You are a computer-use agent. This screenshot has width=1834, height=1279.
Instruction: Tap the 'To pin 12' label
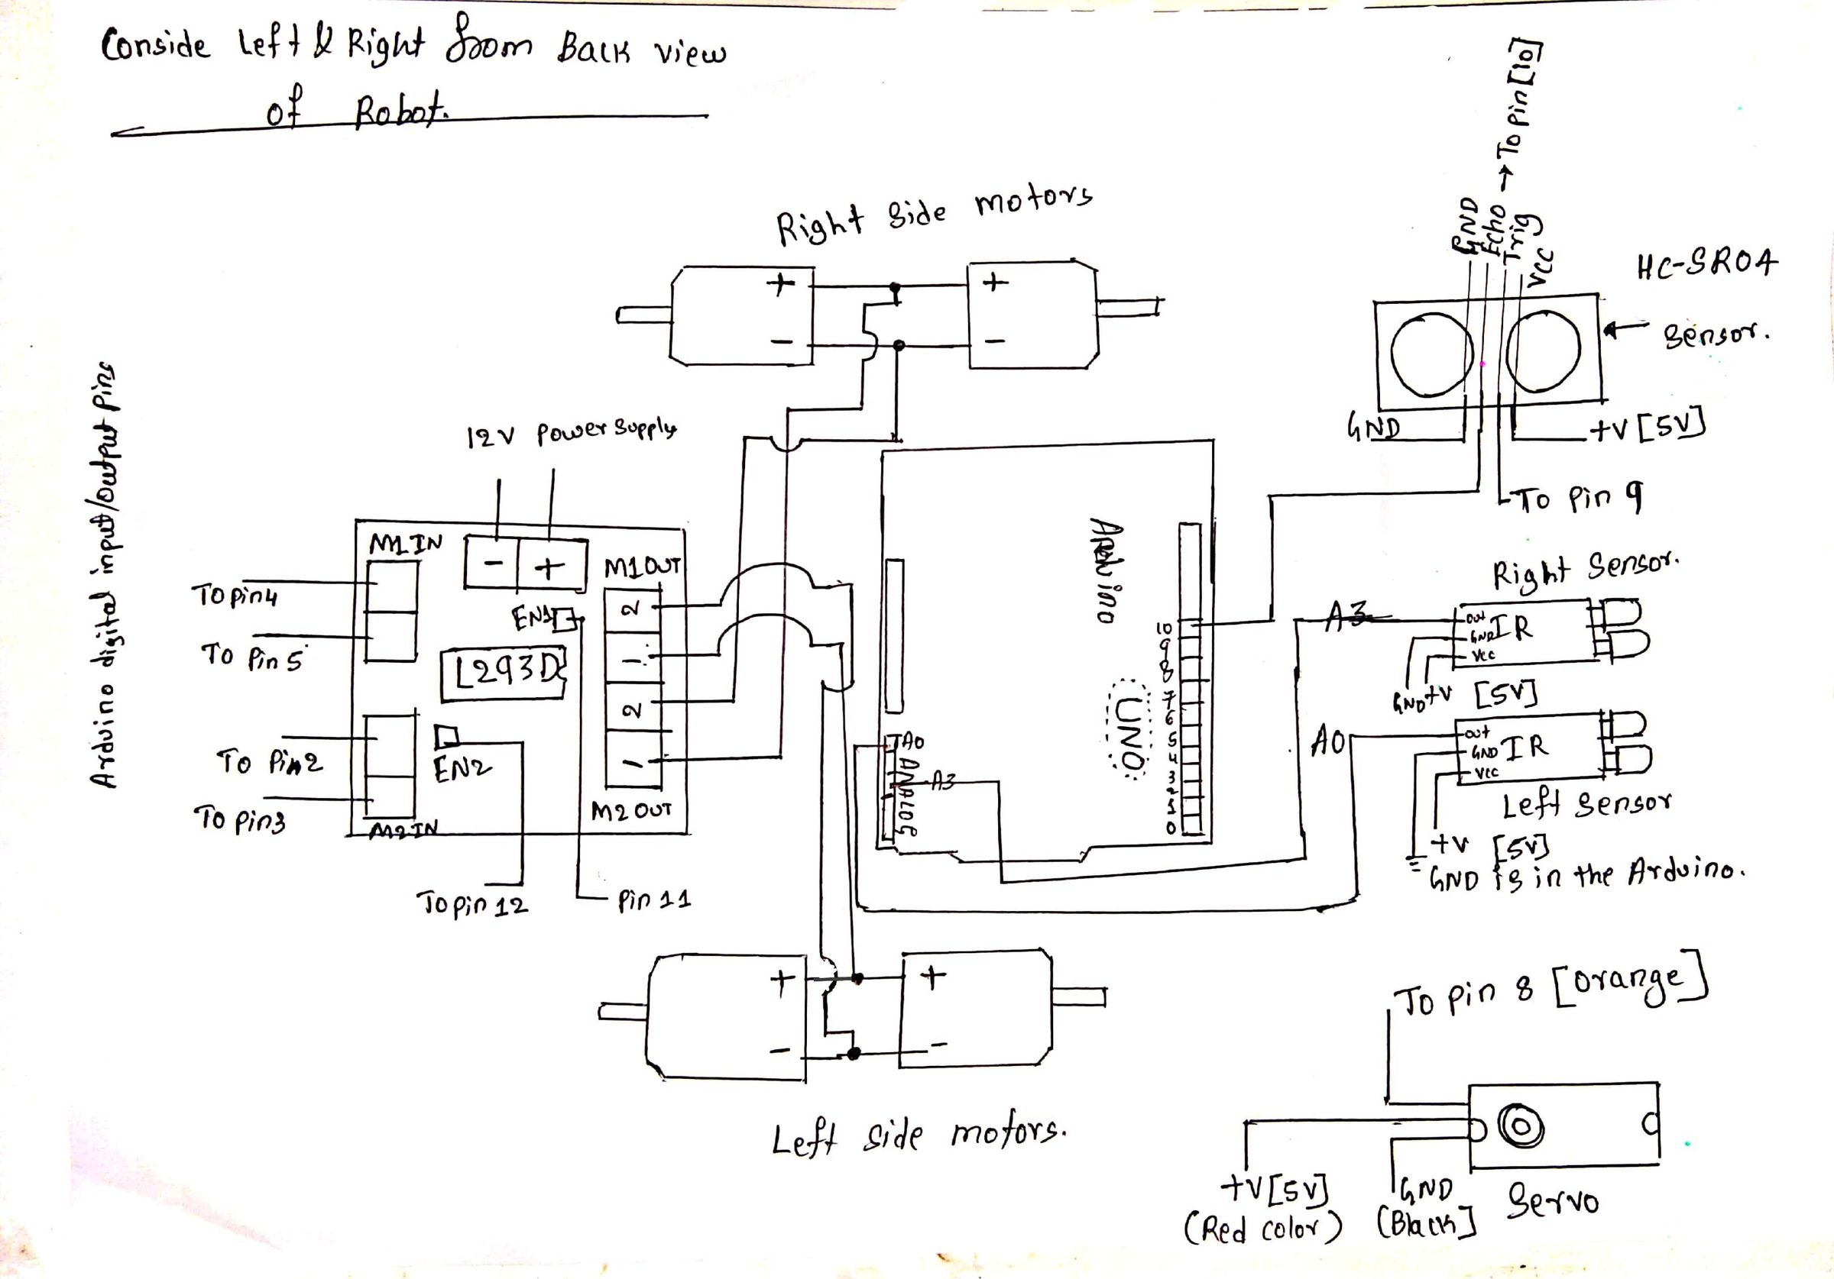(x=472, y=906)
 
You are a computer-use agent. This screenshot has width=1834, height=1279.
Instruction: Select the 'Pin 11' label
(x=653, y=900)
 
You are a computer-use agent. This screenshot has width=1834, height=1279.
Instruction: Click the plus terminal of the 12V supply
(x=549, y=567)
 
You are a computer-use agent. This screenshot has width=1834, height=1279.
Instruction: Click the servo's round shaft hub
(x=1521, y=1126)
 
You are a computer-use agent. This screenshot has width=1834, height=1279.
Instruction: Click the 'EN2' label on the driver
(x=462, y=769)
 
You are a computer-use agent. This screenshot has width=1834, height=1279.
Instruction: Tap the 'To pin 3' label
(x=239, y=820)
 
